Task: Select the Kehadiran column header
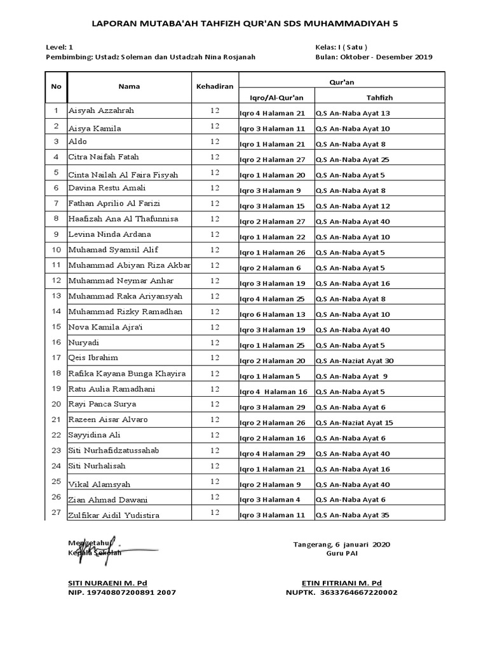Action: pos(214,86)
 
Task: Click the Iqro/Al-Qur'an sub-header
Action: pos(276,96)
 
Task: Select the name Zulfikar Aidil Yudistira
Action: pos(114,515)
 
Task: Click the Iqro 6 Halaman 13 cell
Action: pos(272,314)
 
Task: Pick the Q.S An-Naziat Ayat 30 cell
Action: pos(355,361)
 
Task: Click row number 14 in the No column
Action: pos(56,312)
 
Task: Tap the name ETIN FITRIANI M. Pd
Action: pos(341,582)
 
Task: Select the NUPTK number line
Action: pos(341,592)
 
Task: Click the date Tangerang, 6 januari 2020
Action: pos(341,544)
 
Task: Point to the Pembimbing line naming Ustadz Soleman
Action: pos(151,56)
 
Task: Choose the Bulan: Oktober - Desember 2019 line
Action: pos(374,56)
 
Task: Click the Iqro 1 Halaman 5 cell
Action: pos(269,376)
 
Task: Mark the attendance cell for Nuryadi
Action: pos(214,342)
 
